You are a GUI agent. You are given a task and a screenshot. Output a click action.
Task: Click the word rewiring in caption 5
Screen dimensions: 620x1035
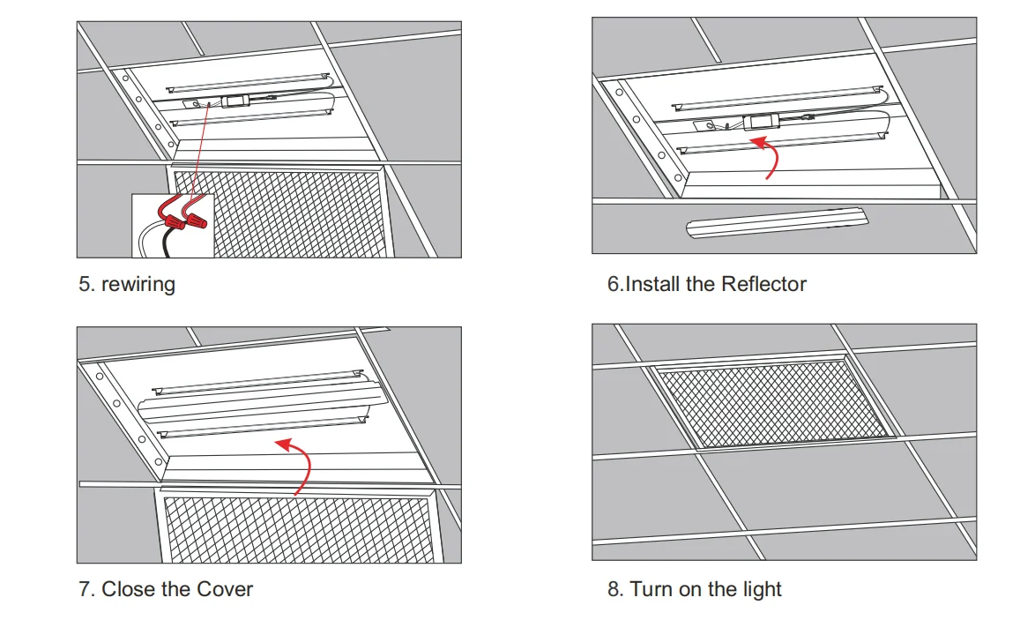(x=138, y=285)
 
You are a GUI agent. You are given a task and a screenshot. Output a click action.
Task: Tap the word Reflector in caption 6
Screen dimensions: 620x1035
(x=763, y=285)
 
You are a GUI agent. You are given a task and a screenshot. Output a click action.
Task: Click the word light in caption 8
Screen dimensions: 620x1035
(x=761, y=589)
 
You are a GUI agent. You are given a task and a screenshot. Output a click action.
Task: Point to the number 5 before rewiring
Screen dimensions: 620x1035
(x=85, y=285)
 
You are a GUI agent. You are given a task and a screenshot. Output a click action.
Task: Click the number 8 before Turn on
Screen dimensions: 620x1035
(x=614, y=589)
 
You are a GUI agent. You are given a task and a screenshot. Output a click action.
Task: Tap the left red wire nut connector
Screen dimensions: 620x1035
(x=168, y=213)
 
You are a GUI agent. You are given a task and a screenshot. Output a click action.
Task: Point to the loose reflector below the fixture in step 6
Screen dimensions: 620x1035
(x=776, y=224)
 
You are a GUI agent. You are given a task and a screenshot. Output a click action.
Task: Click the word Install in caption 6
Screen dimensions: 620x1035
(x=654, y=285)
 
